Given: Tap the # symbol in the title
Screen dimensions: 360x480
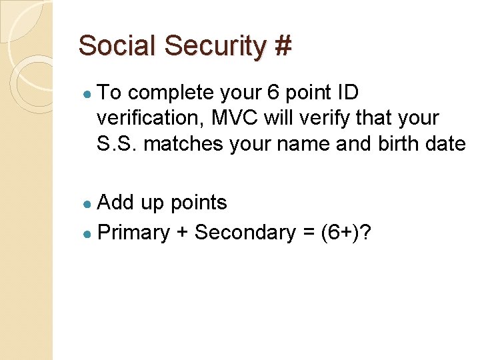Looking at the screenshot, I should [x=283, y=46].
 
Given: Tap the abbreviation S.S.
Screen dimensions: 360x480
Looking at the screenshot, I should [x=117, y=143].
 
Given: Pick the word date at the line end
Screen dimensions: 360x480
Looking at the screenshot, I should [x=443, y=143].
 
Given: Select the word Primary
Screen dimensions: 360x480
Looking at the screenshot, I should [x=133, y=233].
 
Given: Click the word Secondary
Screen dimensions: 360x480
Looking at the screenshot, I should [x=244, y=233].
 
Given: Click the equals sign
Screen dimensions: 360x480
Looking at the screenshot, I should [x=307, y=233].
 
